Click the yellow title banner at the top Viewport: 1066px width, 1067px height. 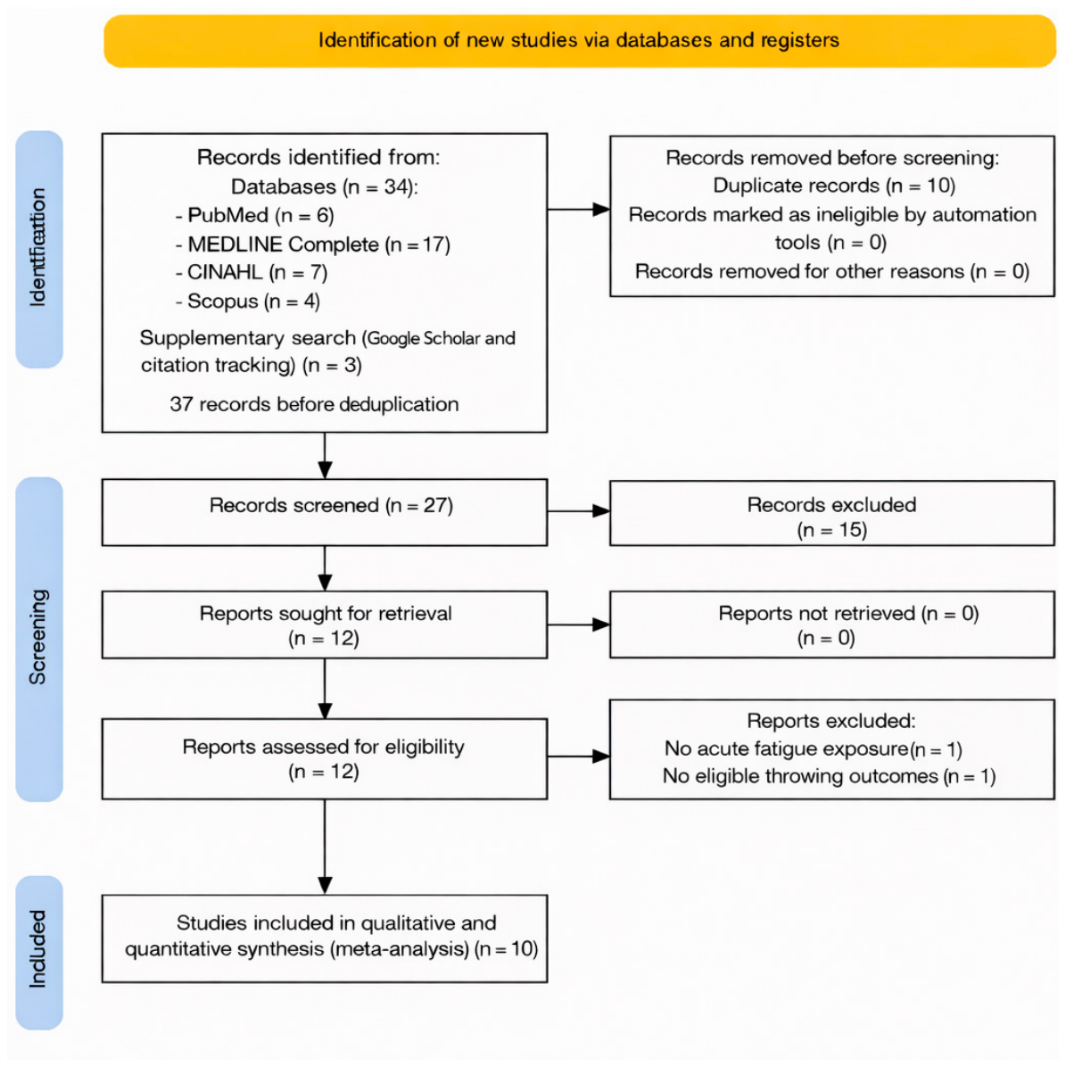point(579,41)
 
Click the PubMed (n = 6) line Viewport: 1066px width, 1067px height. point(254,216)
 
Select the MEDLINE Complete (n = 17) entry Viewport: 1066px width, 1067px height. point(312,244)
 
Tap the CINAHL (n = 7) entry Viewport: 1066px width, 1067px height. point(251,272)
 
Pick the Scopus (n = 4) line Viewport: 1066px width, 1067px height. point(248,301)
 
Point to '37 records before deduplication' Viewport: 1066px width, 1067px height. point(314,404)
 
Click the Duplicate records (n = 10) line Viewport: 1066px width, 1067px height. point(834,186)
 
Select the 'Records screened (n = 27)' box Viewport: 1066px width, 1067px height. point(325,512)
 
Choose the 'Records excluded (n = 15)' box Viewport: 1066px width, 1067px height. point(832,513)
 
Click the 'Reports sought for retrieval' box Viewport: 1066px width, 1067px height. point(325,624)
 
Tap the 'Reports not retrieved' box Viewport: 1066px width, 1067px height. point(832,624)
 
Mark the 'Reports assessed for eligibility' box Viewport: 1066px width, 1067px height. point(325,758)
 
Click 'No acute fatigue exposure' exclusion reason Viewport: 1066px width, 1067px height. point(813,749)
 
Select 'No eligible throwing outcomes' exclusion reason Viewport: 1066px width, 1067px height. point(830,776)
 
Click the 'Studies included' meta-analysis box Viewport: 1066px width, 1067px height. point(325,939)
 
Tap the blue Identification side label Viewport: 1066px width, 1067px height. point(39,249)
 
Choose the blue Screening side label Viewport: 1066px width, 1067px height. point(39,639)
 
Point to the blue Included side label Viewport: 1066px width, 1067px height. point(39,952)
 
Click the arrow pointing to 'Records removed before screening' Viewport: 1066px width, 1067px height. point(578,210)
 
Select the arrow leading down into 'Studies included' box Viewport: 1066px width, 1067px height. point(326,847)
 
